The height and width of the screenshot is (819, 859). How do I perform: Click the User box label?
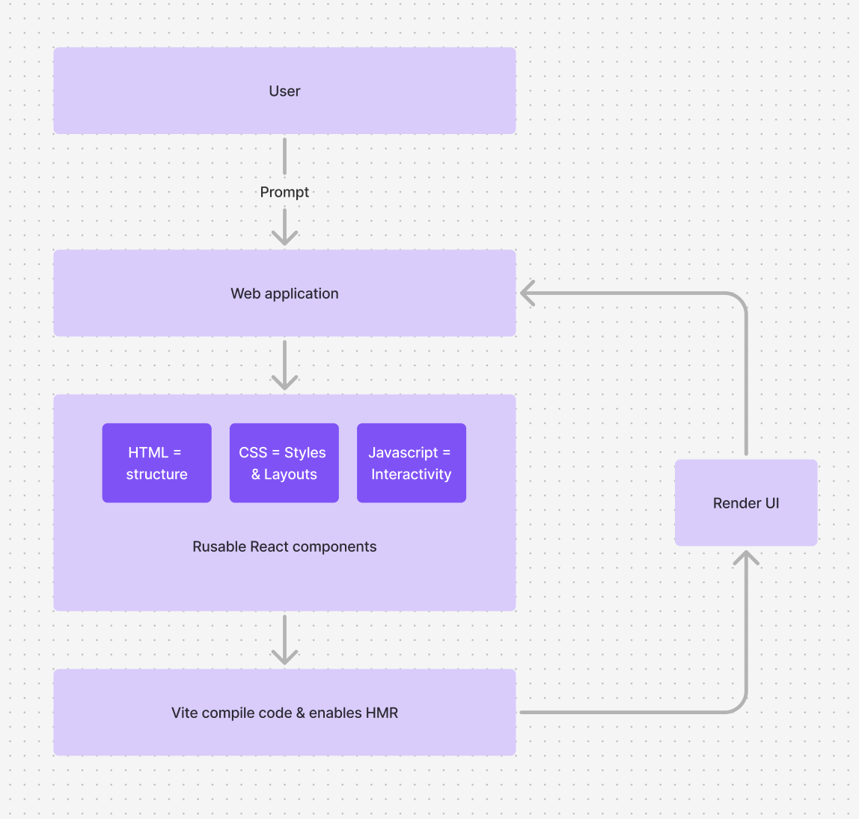click(x=284, y=91)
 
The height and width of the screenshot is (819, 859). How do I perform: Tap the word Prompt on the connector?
click(x=284, y=192)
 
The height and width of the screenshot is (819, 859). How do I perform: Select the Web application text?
click(x=284, y=293)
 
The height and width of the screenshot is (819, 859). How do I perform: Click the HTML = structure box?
click(x=156, y=463)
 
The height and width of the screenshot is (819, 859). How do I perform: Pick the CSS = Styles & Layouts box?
click(x=284, y=463)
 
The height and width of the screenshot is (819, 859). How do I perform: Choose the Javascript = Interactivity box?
click(x=411, y=463)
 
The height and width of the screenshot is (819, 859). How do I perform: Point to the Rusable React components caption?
click(x=284, y=546)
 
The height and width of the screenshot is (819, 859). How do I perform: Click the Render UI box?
click(x=745, y=503)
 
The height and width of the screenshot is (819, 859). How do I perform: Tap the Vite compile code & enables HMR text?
click(x=284, y=713)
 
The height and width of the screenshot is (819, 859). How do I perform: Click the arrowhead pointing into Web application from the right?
click(x=528, y=293)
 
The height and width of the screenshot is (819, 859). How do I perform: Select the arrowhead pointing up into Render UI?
click(x=746, y=558)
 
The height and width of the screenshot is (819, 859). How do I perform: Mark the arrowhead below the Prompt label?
click(x=284, y=236)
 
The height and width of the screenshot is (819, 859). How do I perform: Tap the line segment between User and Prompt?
click(x=284, y=156)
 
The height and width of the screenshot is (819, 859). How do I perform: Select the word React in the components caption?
click(x=269, y=546)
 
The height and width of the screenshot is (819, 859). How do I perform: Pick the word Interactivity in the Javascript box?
click(x=411, y=475)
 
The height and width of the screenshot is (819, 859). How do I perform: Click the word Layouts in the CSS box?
click(x=290, y=475)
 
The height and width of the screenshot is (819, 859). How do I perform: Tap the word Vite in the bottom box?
click(x=184, y=713)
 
